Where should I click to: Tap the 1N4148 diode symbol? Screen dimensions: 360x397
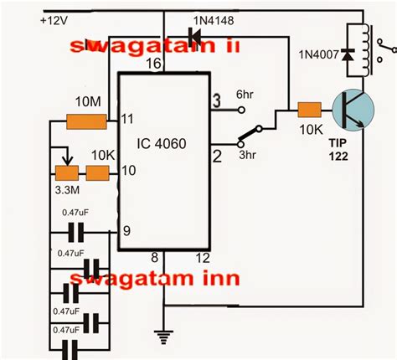click(x=195, y=35)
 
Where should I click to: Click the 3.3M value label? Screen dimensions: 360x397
click(x=65, y=192)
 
